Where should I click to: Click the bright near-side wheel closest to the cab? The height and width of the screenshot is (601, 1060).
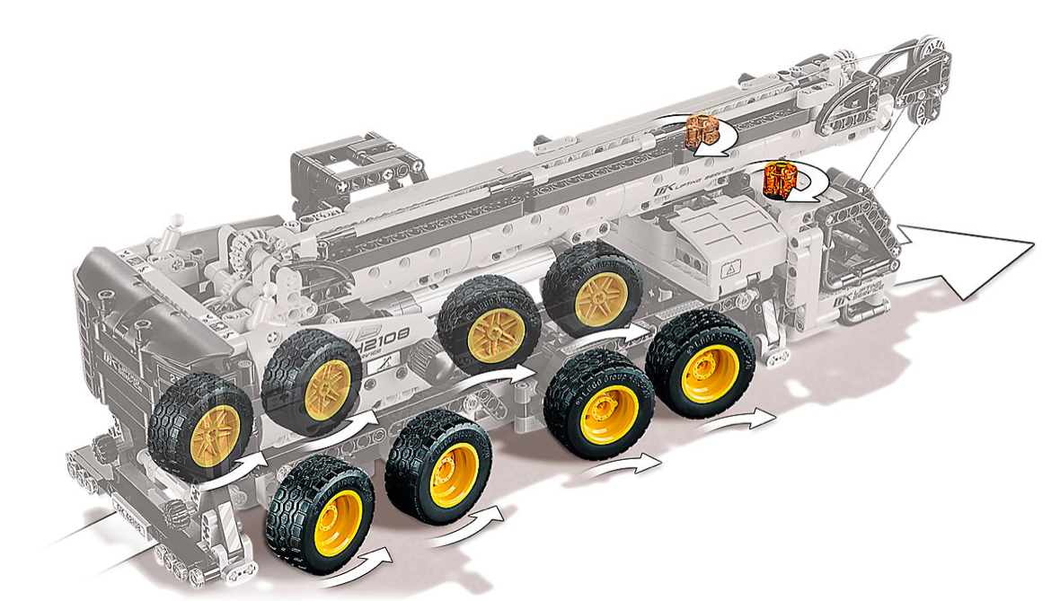coord(321,514)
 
